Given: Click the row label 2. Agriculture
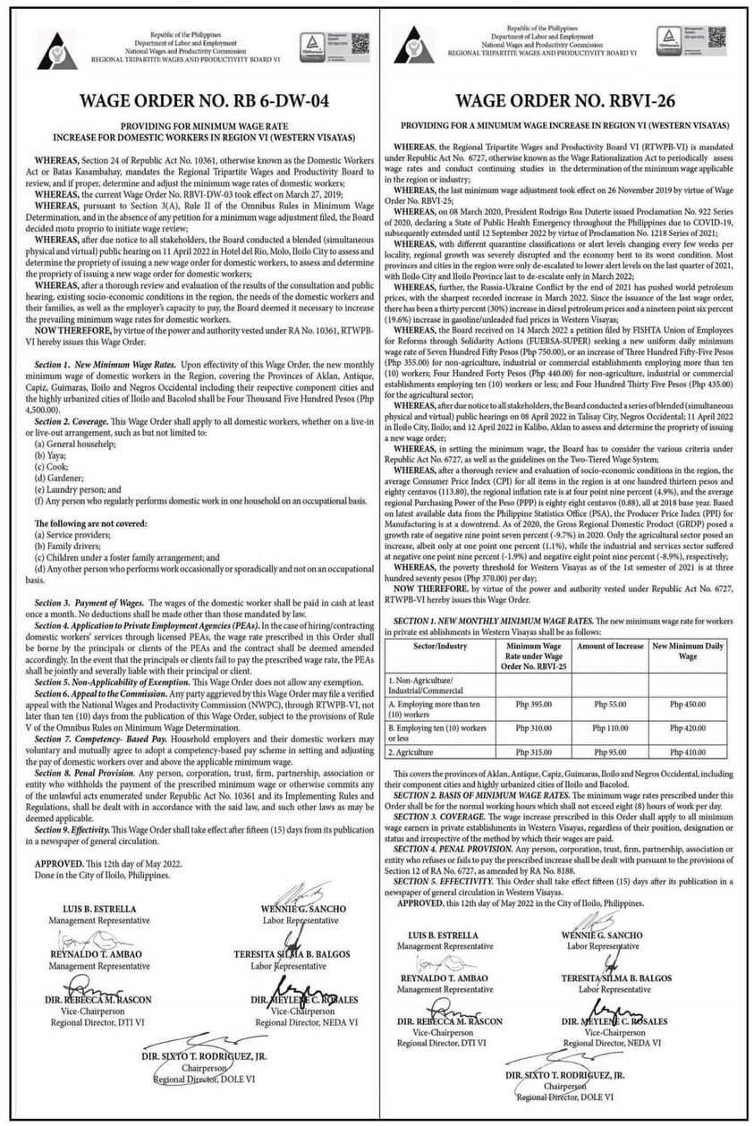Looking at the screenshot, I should pyautogui.click(x=435, y=752).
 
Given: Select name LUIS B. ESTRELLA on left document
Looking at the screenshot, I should pyautogui.click(x=82, y=909).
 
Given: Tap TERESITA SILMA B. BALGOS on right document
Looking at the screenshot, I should pyautogui.click(x=613, y=980).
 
